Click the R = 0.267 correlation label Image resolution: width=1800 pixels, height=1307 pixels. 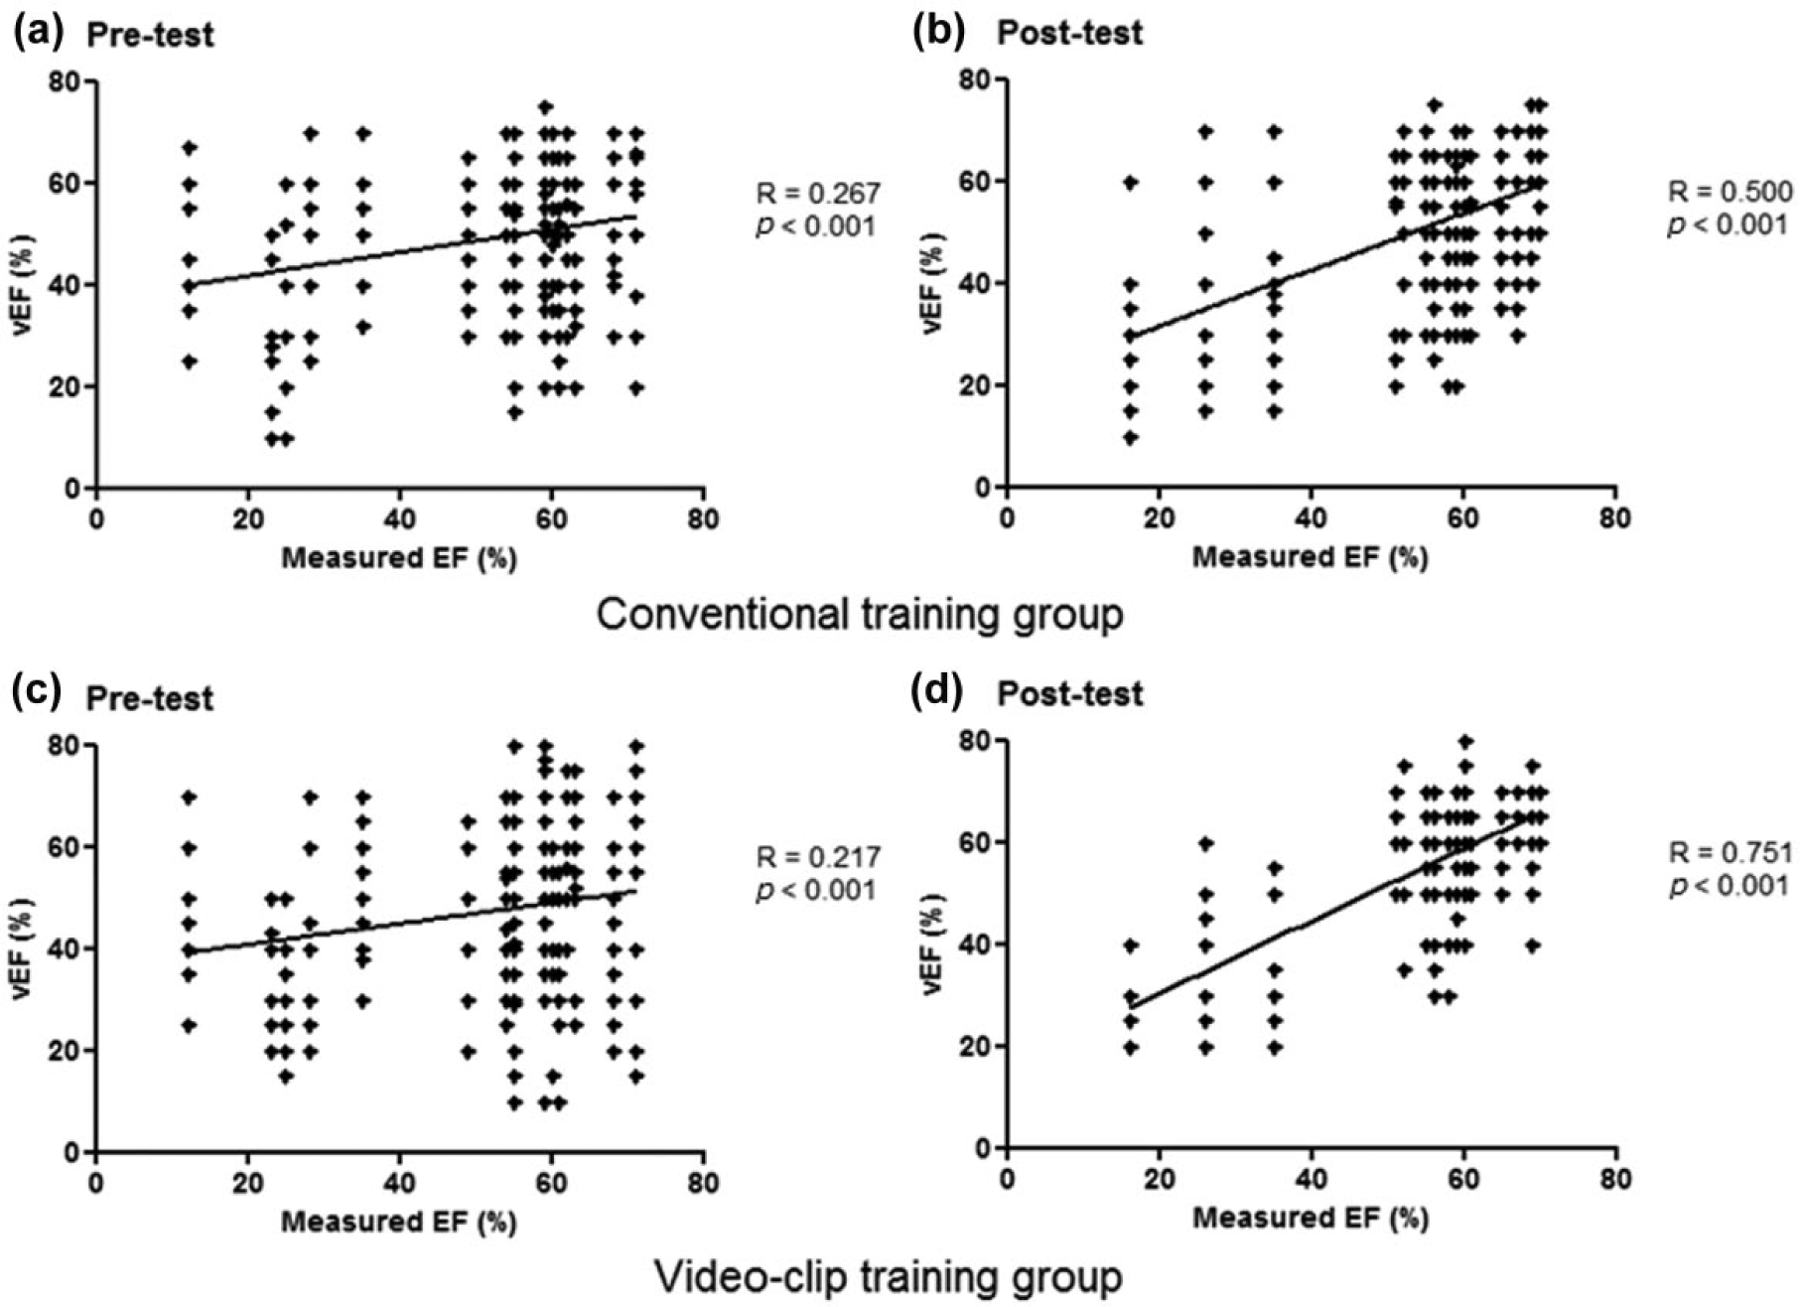818,192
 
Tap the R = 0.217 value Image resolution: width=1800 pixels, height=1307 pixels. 818,856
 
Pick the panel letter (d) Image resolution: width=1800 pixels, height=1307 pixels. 937,691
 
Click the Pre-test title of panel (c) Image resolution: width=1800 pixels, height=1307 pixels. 150,698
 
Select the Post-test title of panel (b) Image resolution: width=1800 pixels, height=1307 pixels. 1070,33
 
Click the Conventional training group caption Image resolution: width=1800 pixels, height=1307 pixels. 860,614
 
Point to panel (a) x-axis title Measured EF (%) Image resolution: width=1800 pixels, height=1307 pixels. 399,558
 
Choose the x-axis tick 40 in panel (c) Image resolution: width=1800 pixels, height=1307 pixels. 399,1184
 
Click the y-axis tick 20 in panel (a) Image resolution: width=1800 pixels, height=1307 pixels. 69,386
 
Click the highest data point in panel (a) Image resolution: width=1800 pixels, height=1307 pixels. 545,107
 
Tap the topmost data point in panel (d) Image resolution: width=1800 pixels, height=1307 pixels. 1464,741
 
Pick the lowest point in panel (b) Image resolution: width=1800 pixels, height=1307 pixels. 1130,437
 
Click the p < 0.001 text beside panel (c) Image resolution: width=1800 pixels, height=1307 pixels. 816,889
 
